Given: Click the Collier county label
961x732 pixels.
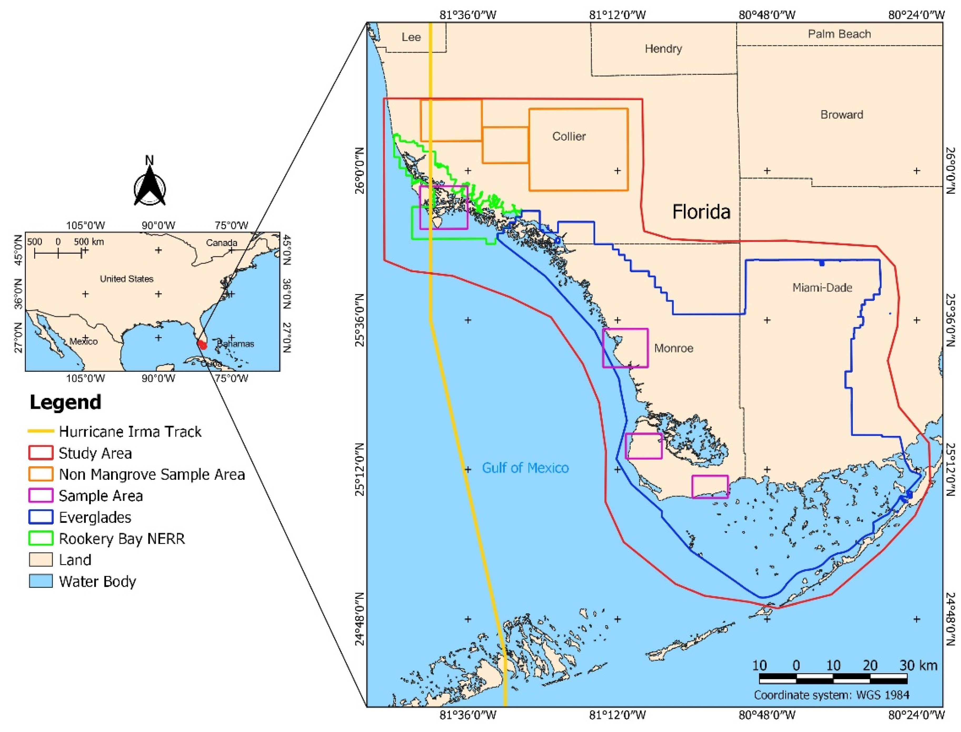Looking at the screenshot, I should pos(569,136).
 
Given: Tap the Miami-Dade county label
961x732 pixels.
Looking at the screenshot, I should pos(822,288).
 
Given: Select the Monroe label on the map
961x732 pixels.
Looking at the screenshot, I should pos(673,348).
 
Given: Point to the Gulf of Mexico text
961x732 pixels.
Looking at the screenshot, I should pos(525,468).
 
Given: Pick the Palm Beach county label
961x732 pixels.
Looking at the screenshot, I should pos(839,34).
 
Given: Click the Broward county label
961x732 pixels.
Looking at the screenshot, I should pos(842,115).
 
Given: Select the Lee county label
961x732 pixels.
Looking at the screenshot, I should pos(411,37).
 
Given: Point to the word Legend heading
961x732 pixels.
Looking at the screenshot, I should pos(65,402).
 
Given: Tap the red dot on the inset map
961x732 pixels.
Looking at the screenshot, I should pos(202,344).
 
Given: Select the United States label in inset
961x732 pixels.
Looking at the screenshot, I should pos(126,279).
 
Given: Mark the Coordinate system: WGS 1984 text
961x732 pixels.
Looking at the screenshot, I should pos(831,695).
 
